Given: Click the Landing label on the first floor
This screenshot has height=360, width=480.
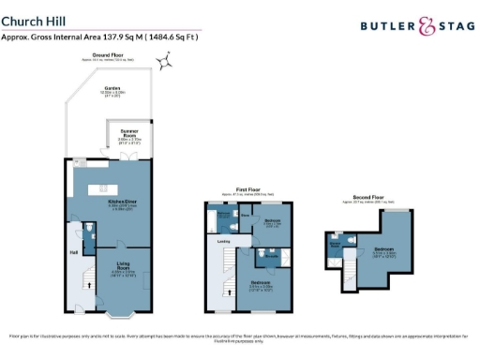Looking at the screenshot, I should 224,241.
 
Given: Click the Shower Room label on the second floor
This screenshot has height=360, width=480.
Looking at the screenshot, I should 334,244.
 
